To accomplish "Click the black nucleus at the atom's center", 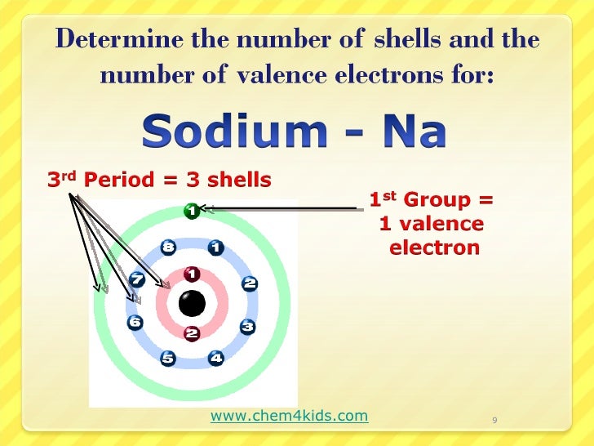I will tap(193, 304).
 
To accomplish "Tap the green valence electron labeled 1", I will tap(191, 211).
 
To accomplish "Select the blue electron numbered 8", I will tap(168, 246).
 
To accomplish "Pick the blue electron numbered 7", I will tap(137, 280).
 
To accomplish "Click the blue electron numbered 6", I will tap(135, 323).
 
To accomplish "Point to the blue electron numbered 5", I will tap(168, 358).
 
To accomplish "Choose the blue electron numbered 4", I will tap(216, 358).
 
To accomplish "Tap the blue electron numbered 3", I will tap(248, 327).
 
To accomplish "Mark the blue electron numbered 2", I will tap(250, 283).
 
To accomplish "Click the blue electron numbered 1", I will tap(216, 246).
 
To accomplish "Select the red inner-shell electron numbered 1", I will tap(193, 274).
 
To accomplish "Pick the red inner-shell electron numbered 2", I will tap(193, 333).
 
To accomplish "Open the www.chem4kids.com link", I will tap(289, 417).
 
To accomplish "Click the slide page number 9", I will tap(495, 421).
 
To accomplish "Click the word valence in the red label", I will tap(444, 224).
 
